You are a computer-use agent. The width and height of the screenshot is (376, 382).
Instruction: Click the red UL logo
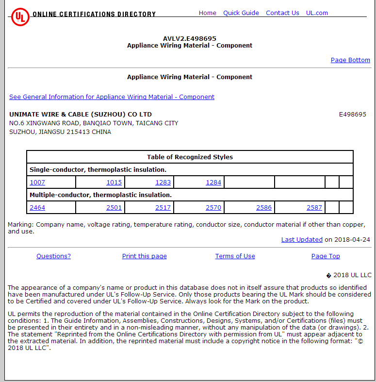20,16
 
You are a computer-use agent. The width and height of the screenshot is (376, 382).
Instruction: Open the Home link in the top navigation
207,13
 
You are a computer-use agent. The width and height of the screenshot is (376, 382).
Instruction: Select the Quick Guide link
241,13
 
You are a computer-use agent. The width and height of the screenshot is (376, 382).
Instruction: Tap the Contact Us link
282,13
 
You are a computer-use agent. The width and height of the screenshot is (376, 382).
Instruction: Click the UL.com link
317,13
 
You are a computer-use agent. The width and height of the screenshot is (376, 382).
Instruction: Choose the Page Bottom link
350,60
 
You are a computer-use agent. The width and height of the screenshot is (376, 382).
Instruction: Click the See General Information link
112,97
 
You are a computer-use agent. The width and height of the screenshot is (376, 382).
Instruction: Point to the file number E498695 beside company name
352,115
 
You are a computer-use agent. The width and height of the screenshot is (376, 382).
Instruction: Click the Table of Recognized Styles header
190,157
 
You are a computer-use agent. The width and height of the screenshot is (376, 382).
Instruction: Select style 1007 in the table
37,183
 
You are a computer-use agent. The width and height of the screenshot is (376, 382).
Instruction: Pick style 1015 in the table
114,183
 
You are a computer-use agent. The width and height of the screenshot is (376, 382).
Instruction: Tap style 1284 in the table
213,183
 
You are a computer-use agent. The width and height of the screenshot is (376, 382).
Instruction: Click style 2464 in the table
37,208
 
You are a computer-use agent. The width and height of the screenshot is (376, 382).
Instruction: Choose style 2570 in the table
213,208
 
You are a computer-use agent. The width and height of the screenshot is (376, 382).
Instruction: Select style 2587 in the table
314,208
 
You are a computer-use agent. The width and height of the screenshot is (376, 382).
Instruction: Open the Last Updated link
302,240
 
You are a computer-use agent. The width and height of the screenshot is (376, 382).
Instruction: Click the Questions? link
53,256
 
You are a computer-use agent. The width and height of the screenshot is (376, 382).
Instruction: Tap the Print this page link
144,256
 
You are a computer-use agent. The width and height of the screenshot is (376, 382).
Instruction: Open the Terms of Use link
235,256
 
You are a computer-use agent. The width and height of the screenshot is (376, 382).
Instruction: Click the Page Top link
326,256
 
